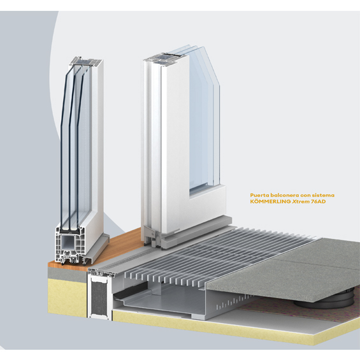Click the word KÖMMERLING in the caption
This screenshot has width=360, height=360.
[270, 201]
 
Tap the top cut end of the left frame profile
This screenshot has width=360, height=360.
[86, 62]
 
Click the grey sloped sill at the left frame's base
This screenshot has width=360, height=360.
[99, 249]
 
